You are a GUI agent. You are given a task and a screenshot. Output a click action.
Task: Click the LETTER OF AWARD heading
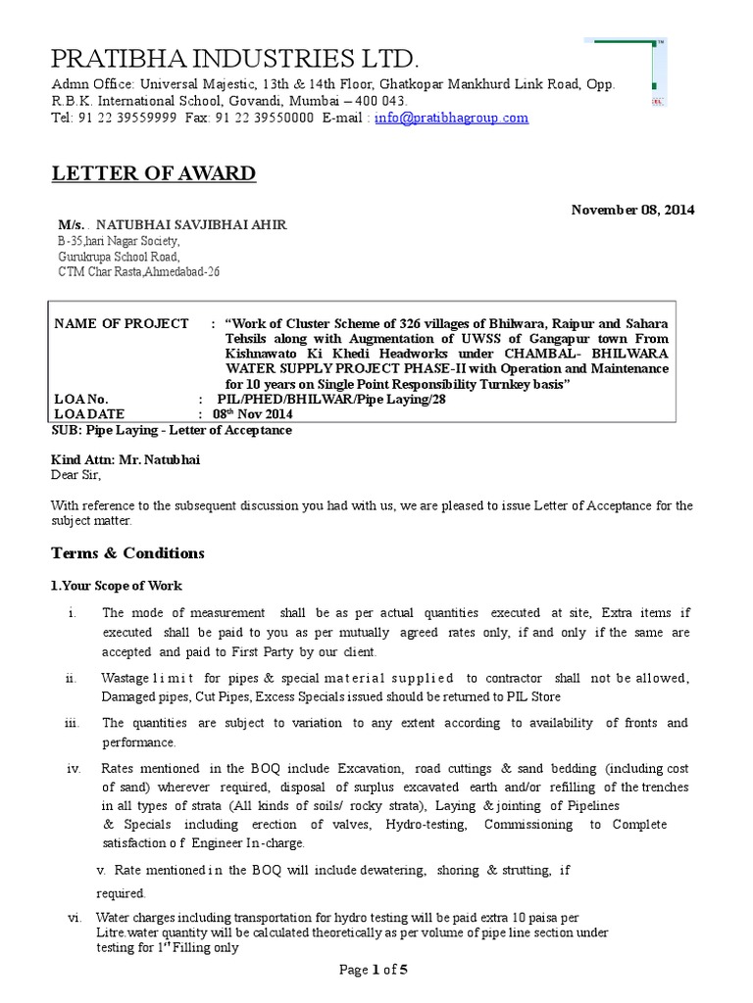tap(153, 174)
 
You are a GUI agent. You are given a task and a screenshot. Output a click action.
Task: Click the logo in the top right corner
tap(626, 72)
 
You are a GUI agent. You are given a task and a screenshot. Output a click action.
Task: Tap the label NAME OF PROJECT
tap(122, 323)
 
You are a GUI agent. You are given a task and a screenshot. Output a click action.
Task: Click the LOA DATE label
tap(91, 415)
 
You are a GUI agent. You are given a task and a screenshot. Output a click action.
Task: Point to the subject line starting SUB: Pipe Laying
tap(171, 430)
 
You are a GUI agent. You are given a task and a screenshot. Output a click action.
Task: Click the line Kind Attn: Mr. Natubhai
tap(130, 459)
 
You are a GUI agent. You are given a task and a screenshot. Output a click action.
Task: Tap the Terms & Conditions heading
tap(127, 553)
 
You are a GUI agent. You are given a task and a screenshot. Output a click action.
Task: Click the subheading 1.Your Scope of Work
tap(116, 586)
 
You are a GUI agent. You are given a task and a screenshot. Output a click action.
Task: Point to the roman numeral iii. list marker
tap(72, 723)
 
